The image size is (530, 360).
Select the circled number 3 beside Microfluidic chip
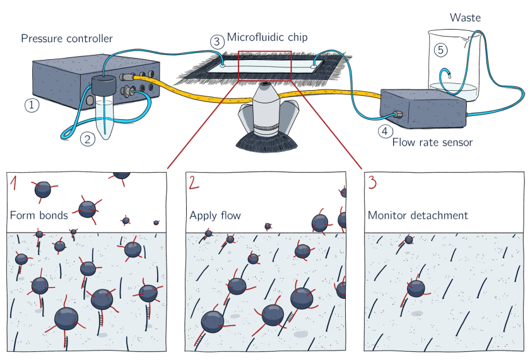tap(217, 42)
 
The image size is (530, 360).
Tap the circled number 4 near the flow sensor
tap(384, 132)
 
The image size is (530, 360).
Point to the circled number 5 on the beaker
tap(440, 49)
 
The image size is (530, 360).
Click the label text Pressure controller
tap(67, 39)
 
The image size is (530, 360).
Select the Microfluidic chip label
tap(268, 38)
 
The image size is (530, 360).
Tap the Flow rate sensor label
tap(432, 142)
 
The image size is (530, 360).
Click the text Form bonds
tap(39, 216)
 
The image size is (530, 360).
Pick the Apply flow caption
tap(215, 216)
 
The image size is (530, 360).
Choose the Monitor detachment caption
tap(418, 216)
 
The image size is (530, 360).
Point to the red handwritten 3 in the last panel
tap(374, 183)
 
